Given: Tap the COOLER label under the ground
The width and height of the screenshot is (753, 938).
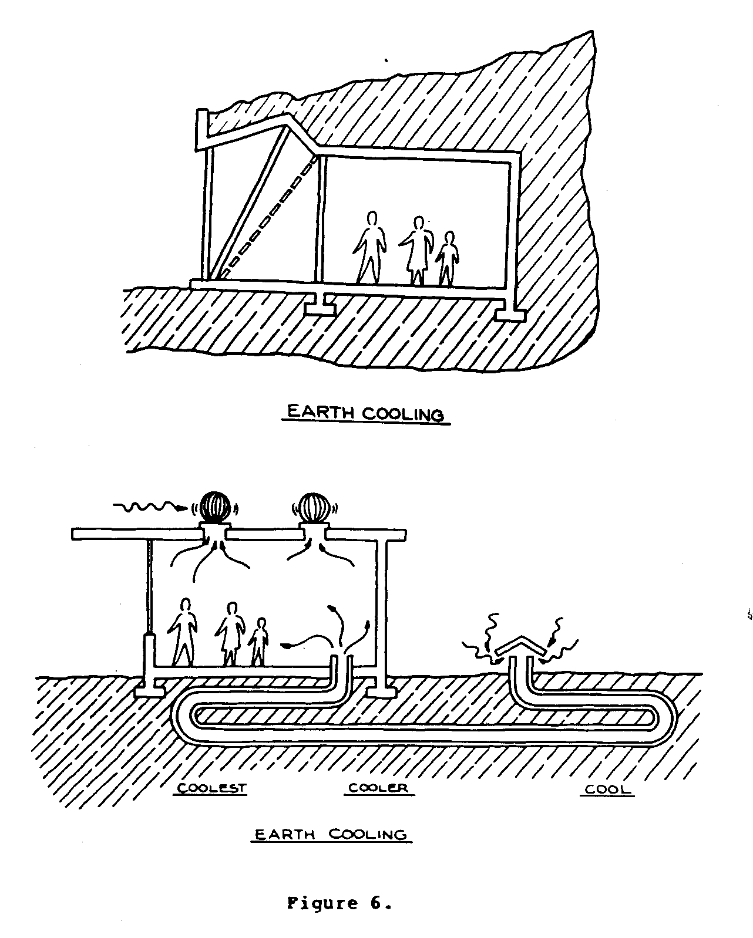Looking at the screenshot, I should coord(378,788).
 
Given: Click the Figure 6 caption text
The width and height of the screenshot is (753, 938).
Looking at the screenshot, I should coord(339,903).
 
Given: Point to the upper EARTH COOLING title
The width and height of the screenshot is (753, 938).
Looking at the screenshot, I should coord(364,413).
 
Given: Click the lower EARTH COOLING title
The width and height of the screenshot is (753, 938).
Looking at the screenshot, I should coord(331,834).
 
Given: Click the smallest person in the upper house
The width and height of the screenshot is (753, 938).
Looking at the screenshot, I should coord(448,258).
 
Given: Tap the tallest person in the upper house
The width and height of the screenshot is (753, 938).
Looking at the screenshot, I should coord(370,247).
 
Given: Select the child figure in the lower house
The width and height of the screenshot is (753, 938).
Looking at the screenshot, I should coord(258,641).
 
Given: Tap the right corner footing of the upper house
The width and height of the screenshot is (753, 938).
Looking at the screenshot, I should coord(509,315).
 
